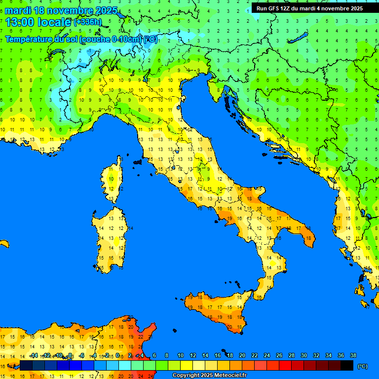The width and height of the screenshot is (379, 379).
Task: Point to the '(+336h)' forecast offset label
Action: coord(89,22)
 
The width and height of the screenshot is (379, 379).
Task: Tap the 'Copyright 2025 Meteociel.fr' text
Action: coord(209,376)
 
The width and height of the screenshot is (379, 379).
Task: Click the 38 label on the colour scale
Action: coord(353,355)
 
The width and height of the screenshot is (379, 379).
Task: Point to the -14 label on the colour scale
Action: coord(33,355)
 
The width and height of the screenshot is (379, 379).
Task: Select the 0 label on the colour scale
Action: coord(117,355)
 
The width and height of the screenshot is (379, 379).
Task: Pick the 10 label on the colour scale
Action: coord(181,355)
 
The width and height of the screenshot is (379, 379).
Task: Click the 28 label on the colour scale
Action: coord(291,355)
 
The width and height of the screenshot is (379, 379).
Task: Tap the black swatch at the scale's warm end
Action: coord(347,365)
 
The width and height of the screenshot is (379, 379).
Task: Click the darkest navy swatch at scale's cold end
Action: coord(26,365)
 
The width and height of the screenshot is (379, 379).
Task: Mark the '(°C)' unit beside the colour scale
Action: coord(362,366)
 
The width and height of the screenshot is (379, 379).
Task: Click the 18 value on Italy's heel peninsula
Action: coord(309,238)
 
